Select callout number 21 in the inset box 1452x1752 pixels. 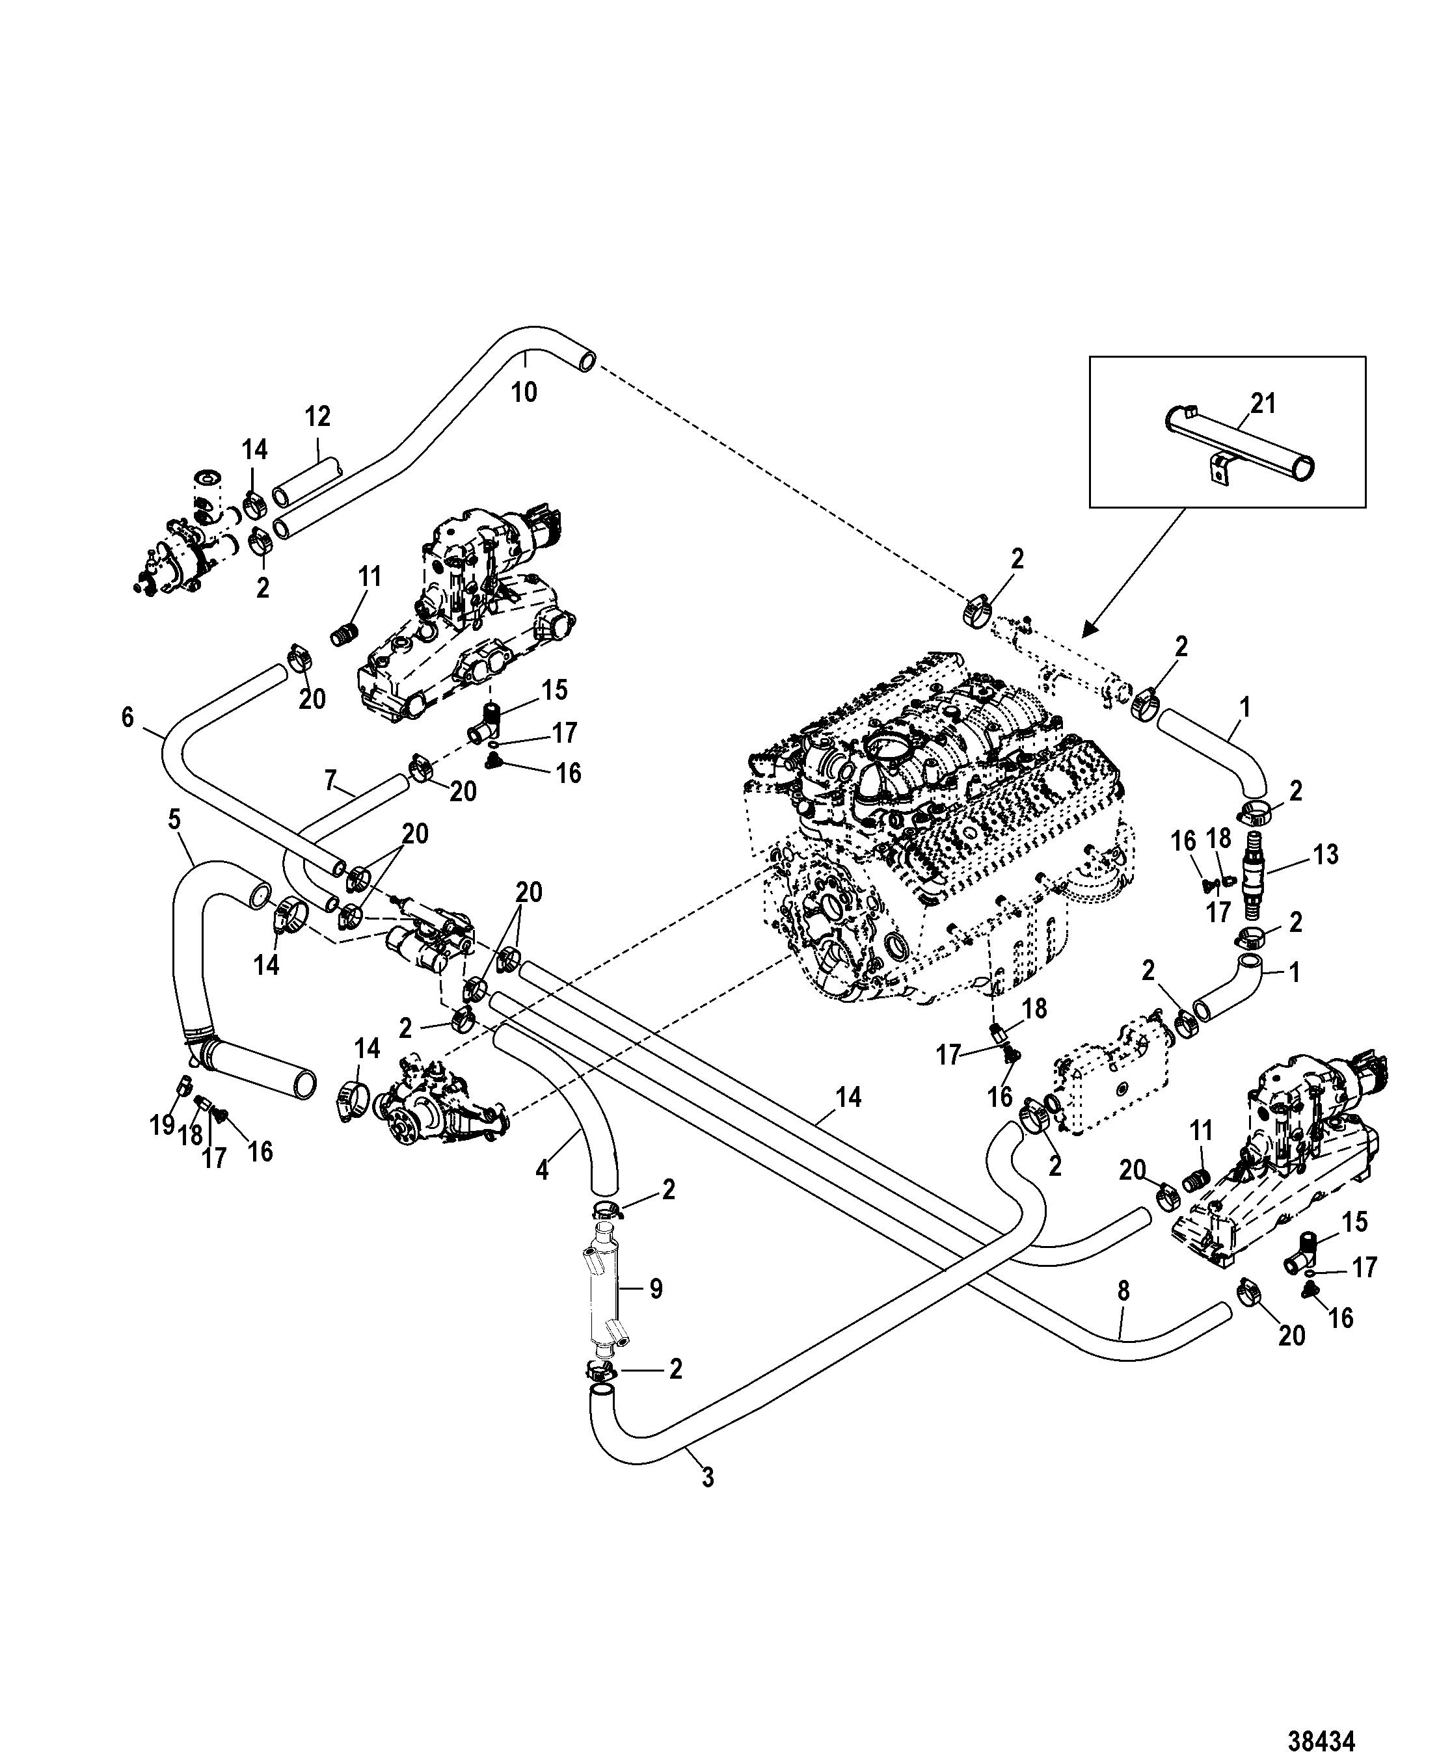coord(1263,404)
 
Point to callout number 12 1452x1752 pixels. coord(317,416)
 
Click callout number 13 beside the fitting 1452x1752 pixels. coord(1325,855)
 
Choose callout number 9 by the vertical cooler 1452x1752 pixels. coord(656,1288)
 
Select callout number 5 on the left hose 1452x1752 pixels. coord(174,820)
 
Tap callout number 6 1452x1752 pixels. coord(127,717)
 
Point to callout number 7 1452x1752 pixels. coord(330,781)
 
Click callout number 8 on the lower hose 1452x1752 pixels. coord(1123,1291)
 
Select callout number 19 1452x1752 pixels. coord(162,1126)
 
